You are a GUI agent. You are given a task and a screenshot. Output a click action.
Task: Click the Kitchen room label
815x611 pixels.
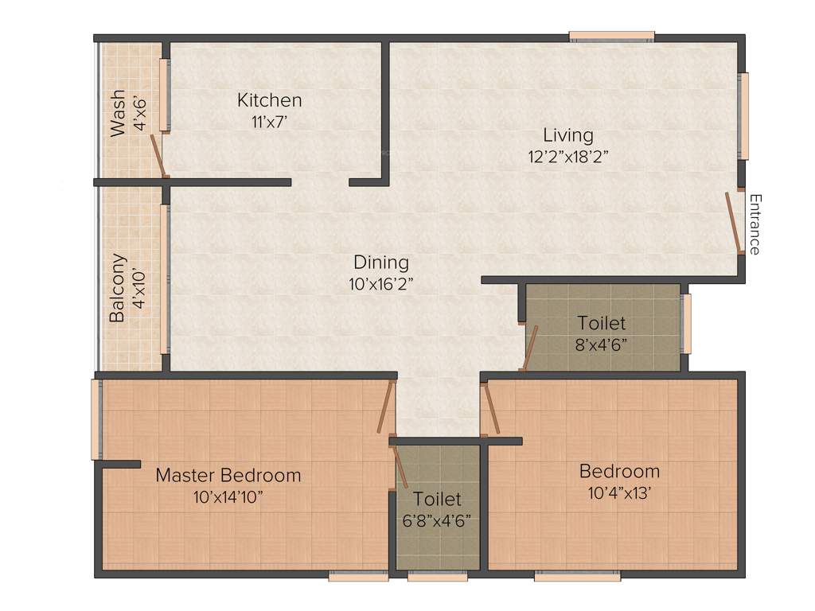coord(269,100)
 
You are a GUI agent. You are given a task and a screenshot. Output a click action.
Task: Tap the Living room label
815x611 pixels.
coord(567,134)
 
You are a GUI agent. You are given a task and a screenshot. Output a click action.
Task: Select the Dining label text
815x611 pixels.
coord(381,262)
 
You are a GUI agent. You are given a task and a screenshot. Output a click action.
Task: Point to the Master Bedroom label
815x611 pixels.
coord(228,476)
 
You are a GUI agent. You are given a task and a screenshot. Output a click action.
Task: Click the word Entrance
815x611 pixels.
coord(755,224)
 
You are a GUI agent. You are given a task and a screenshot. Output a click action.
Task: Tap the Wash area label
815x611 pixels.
coord(118,113)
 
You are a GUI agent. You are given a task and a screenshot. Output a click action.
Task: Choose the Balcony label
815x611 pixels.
coord(118,287)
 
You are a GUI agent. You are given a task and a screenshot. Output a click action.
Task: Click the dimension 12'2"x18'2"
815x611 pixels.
coord(567,157)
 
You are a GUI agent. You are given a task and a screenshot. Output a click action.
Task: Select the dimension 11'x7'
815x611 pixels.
coord(269,123)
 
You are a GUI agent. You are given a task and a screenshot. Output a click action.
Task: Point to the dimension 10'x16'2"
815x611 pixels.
coord(381,284)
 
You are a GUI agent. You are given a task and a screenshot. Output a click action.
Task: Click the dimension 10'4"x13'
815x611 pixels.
coord(619,492)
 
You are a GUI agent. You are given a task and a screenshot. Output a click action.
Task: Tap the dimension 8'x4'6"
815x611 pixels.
coord(602,345)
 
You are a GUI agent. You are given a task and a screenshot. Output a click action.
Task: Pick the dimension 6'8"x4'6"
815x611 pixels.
coord(438,522)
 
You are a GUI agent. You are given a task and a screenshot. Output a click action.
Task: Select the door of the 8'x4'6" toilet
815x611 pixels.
coord(528,348)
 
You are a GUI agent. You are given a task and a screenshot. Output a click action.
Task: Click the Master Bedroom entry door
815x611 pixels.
coord(386,407)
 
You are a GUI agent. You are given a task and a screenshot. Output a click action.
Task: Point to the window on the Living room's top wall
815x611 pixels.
coord(611,36)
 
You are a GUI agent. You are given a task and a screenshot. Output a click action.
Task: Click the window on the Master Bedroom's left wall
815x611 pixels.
coord(96,419)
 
